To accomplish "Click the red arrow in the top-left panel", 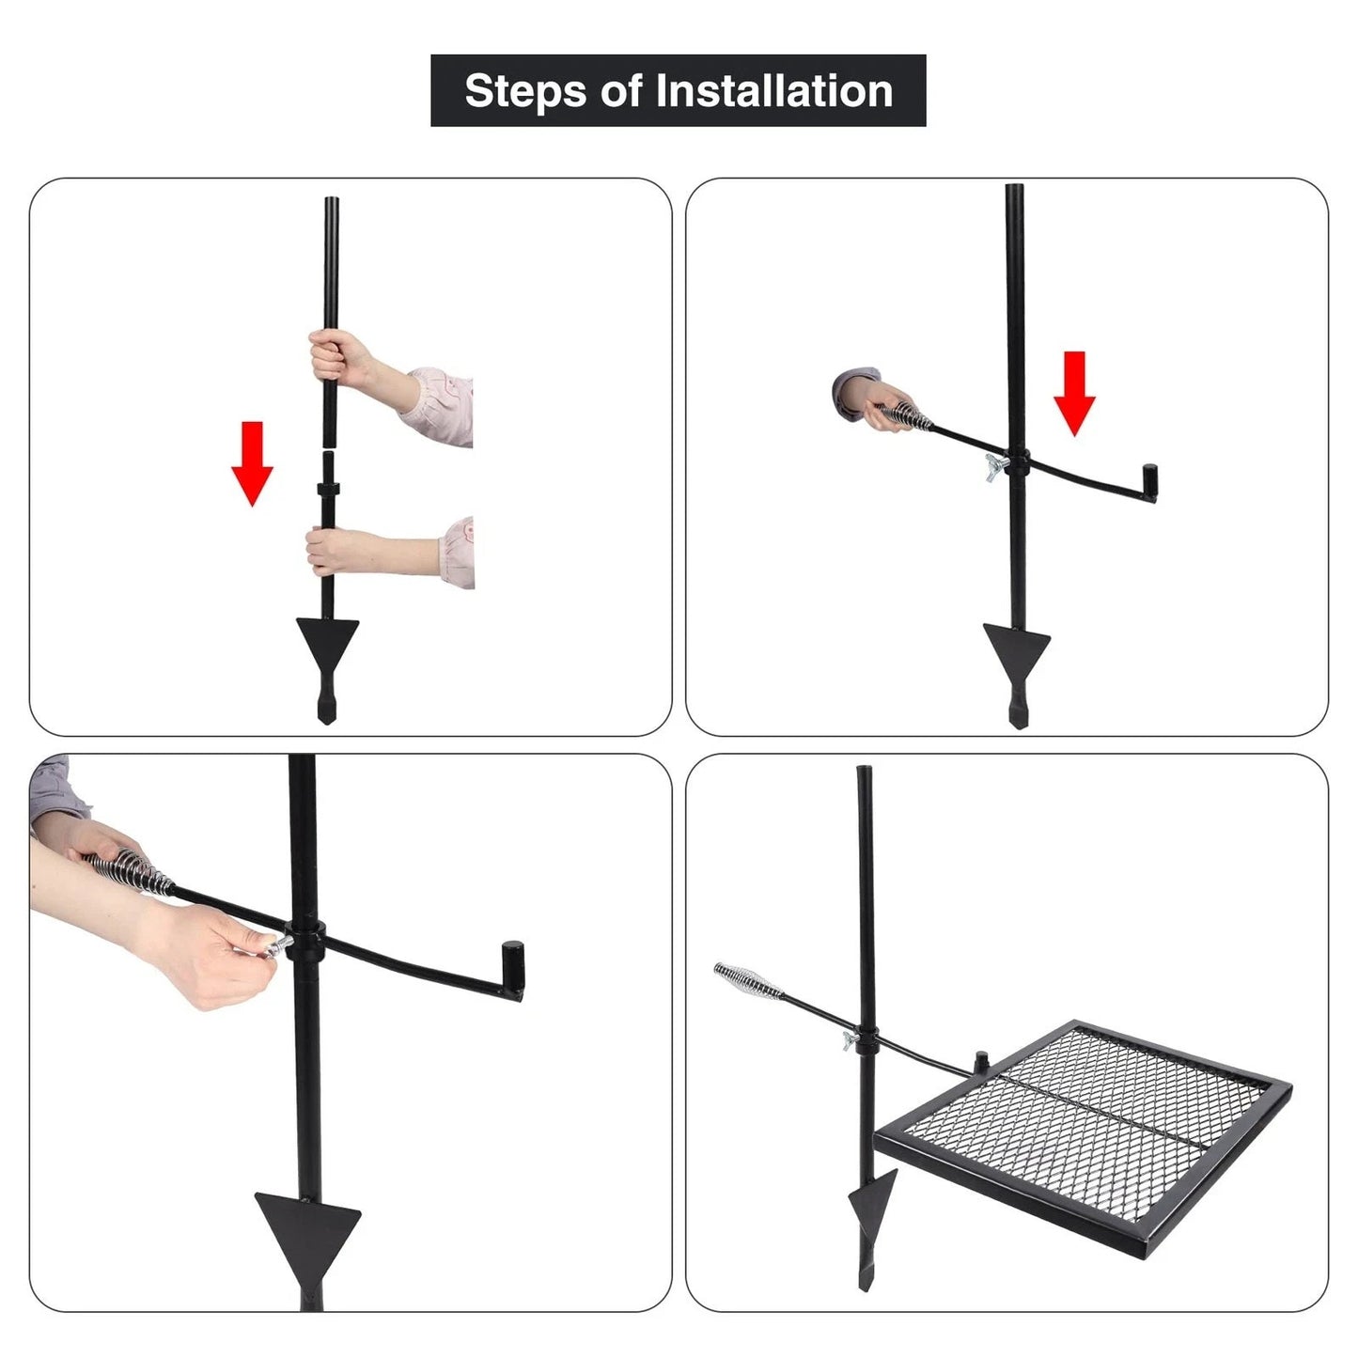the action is pos(252,463).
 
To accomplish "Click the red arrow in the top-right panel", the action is pos(1074,393).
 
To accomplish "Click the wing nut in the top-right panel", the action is pos(995,466).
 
